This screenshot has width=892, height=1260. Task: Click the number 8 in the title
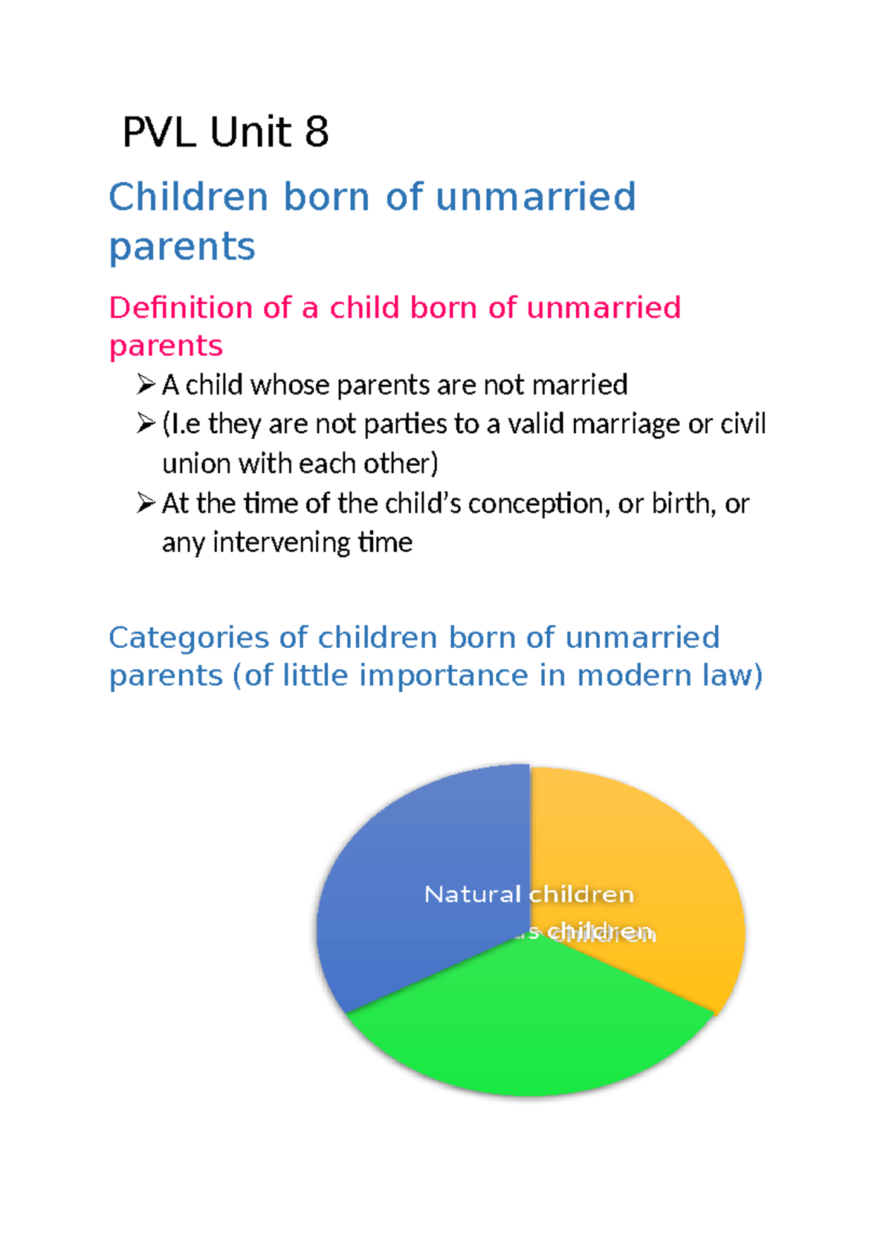click(x=316, y=133)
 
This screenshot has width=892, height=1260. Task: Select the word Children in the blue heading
click(x=188, y=198)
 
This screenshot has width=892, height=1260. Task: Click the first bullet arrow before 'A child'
click(x=145, y=385)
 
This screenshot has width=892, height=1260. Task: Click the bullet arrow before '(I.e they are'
click(x=145, y=424)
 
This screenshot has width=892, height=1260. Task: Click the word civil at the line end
click(x=743, y=424)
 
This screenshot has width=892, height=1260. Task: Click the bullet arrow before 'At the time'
click(x=145, y=504)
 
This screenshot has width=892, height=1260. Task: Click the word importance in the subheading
click(x=442, y=676)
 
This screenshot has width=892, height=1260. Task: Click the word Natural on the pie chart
click(x=472, y=894)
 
